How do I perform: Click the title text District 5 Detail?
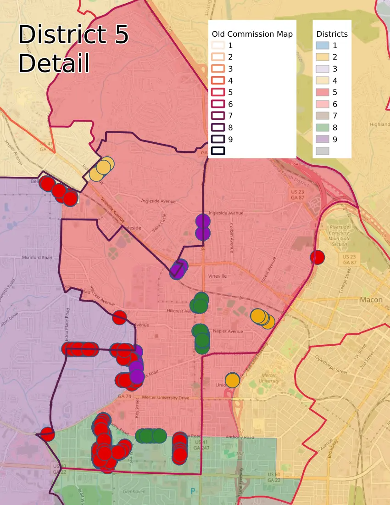point(73,49)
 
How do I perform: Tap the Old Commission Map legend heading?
point(252,34)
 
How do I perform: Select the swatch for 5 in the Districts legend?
point(322,92)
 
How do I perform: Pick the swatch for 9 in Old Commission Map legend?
point(218,139)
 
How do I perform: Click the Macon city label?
point(371,300)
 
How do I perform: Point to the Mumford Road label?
point(37,258)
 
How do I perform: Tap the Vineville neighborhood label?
point(217,276)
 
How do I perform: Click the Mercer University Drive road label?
point(166,398)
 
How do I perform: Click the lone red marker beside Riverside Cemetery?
point(317,257)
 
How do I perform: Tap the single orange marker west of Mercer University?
point(233,380)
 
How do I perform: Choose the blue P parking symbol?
point(193,491)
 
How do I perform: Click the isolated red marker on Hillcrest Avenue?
point(119,317)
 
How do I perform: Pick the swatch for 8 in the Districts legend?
point(322,127)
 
